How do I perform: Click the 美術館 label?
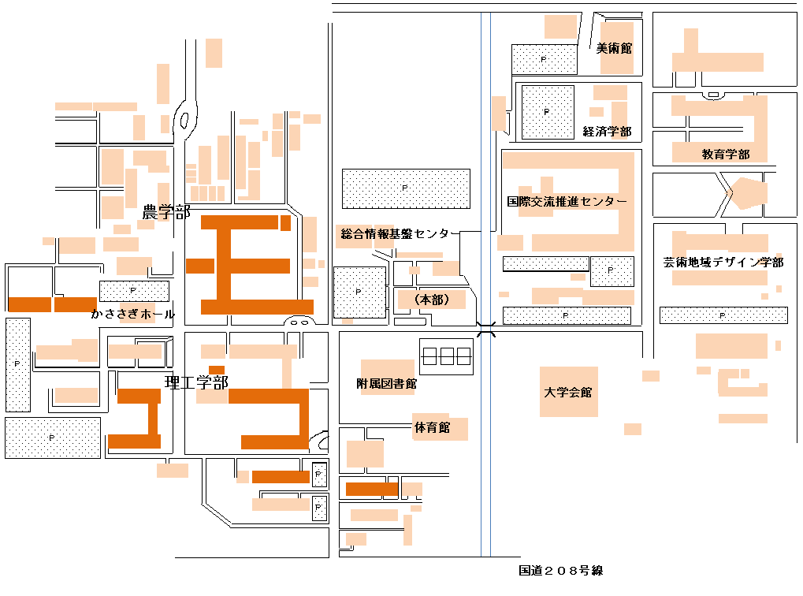614,48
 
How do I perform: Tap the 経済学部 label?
607,132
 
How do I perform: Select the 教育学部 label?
725,155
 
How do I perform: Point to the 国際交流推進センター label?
567,202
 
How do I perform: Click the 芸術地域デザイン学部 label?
723,263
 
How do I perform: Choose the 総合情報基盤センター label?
394,233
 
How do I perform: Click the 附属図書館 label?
386,384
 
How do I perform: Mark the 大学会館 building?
568,391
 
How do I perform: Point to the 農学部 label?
165,212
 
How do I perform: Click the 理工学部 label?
196,383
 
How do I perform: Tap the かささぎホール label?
132,314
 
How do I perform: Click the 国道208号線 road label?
561,571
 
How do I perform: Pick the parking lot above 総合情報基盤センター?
406,188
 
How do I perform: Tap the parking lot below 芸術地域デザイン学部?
723,315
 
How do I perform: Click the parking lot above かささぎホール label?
134,291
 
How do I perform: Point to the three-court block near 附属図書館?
445,356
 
